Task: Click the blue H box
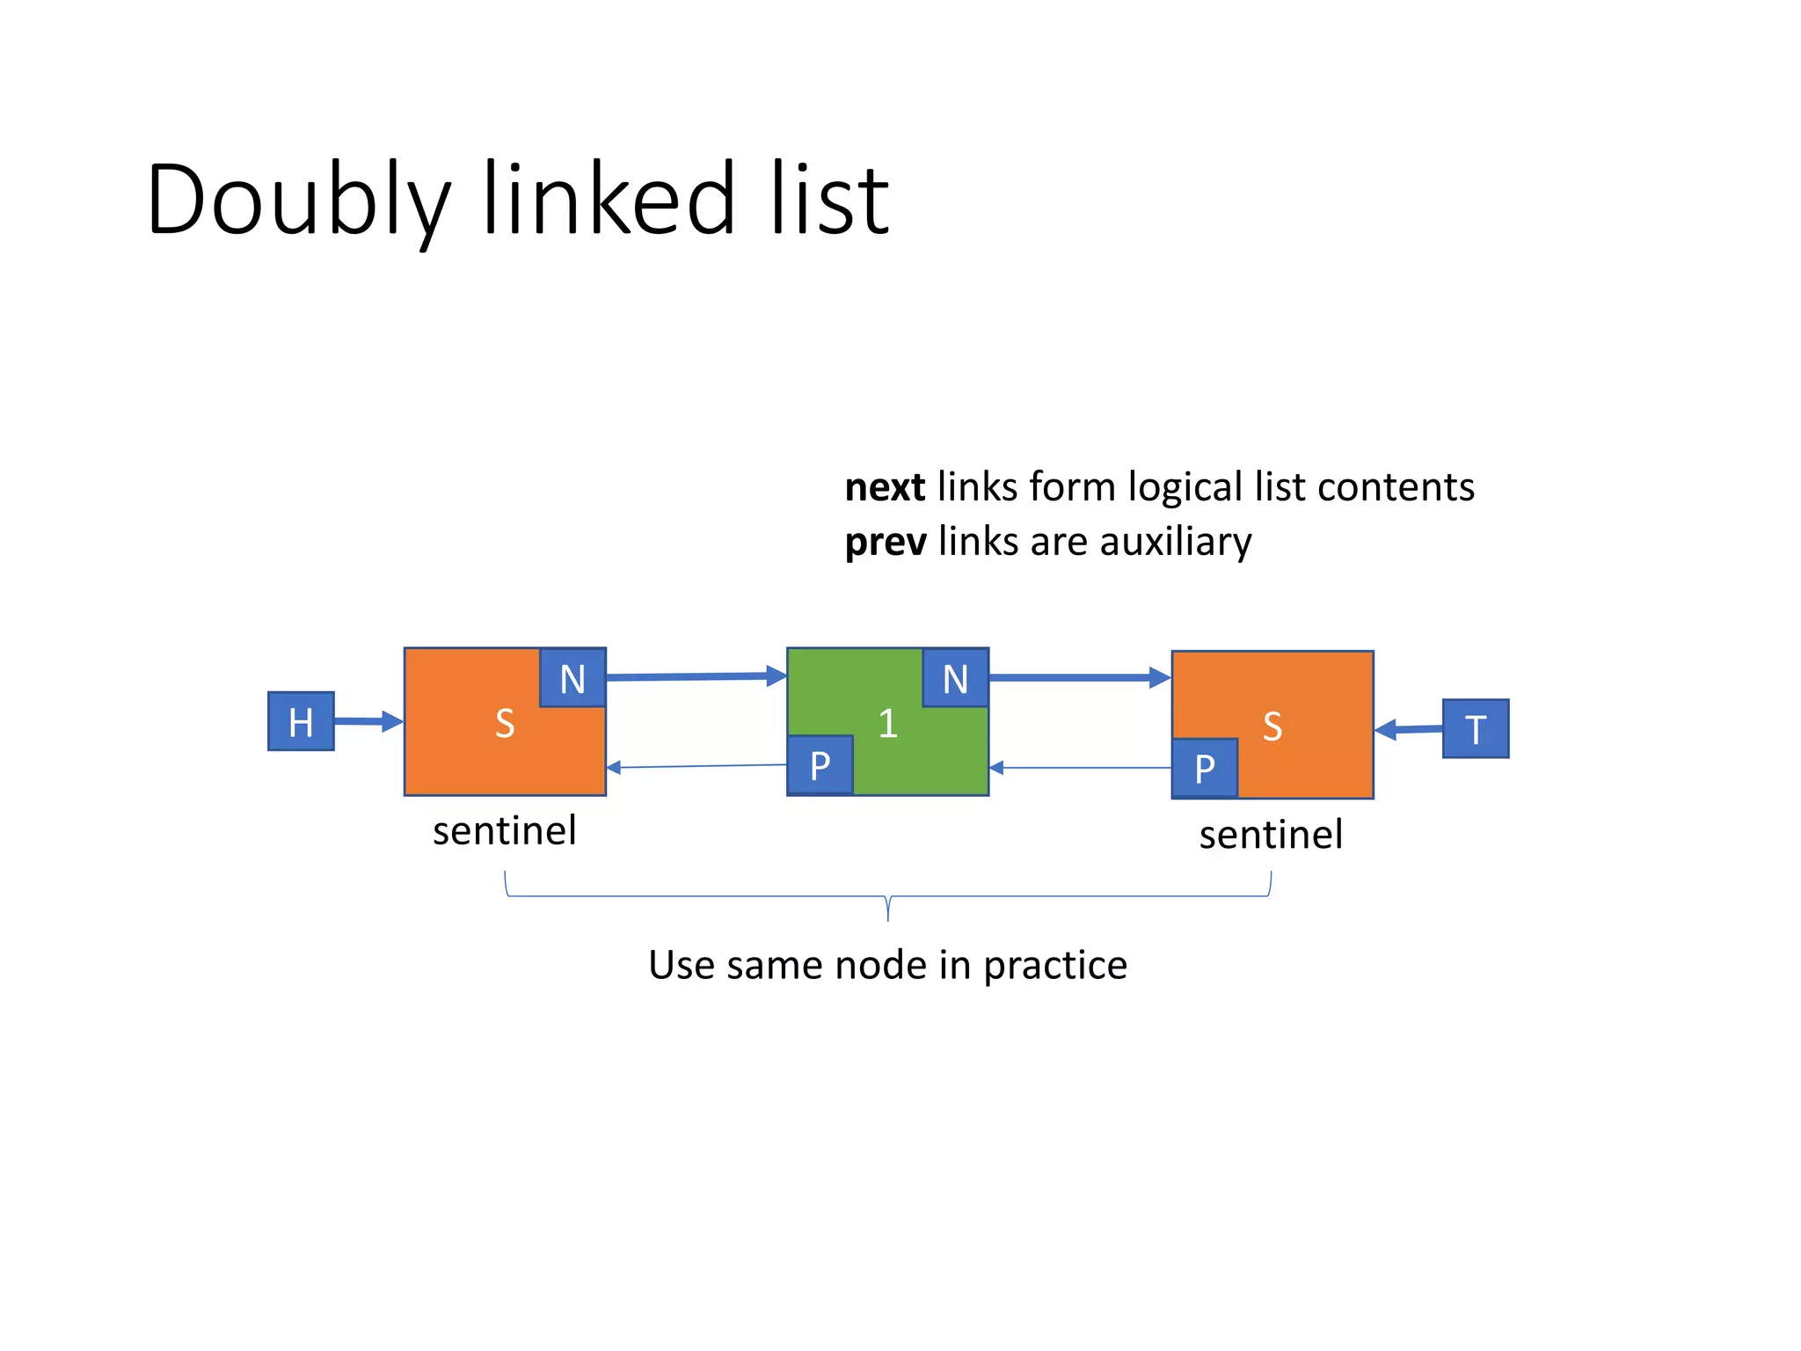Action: [x=301, y=721]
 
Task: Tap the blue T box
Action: [x=1476, y=728]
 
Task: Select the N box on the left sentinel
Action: [x=572, y=678]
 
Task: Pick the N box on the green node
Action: [x=955, y=678]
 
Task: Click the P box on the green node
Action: [x=820, y=765]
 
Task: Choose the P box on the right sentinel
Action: [x=1204, y=768]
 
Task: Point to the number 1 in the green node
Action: [x=887, y=724]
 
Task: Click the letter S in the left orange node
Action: [x=504, y=724]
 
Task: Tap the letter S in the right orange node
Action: [x=1272, y=727]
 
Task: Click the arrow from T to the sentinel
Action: [x=1408, y=729]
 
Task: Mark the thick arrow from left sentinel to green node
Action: [x=696, y=676]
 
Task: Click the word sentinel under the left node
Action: [x=504, y=831]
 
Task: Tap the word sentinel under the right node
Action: [x=1271, y=835]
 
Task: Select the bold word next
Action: [x=884, y=487]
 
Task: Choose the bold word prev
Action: [x=885, y=542]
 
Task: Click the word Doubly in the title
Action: [x=299, y=201]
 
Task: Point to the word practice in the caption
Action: [x=1054, y=966]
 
